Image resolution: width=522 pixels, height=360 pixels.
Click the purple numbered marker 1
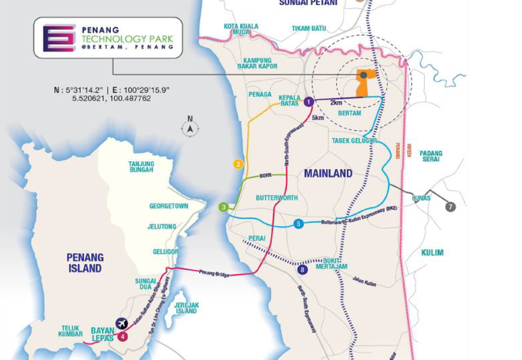click(309, 101)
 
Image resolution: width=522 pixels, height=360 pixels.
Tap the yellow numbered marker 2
click(239, 164)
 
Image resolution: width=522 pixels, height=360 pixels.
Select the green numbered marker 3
click(223, 207)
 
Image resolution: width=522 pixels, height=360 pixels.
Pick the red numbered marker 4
click(123, 337)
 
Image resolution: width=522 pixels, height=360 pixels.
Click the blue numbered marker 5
click(298, 224)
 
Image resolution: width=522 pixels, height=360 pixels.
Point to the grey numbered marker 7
click(450, 207)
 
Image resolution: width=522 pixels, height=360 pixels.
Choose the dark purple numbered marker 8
click(301, 269)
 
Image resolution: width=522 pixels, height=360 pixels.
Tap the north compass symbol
click(190, 128)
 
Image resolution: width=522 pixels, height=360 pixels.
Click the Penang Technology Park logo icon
click(59, 38)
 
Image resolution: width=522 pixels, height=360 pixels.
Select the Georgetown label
click(168, 205)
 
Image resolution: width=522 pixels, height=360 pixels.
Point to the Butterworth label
click(277, 197)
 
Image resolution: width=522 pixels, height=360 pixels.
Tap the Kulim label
click(432, 252)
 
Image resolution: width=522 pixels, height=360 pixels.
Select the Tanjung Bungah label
click(140, 166)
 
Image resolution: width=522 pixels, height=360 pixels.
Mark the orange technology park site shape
click(364, 82)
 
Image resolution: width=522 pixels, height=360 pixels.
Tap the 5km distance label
click(318, 118)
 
